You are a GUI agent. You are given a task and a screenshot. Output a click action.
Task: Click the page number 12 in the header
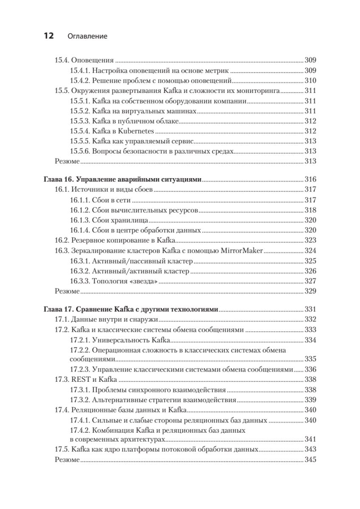[x=48, y=36]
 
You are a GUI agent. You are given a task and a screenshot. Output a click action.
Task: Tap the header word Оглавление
[x=87, y=36]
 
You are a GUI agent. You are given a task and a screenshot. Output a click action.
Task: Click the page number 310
[x=310, y=80]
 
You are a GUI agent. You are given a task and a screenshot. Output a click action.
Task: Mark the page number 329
[x=310, y=291]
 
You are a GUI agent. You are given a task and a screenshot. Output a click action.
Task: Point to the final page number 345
[x=310, y=460]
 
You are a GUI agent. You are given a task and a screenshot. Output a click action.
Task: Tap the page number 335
[x=310, y=359]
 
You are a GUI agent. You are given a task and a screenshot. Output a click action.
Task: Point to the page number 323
[x=310, y=240]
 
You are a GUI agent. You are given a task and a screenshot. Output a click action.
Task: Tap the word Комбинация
[x=112, y=431]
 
